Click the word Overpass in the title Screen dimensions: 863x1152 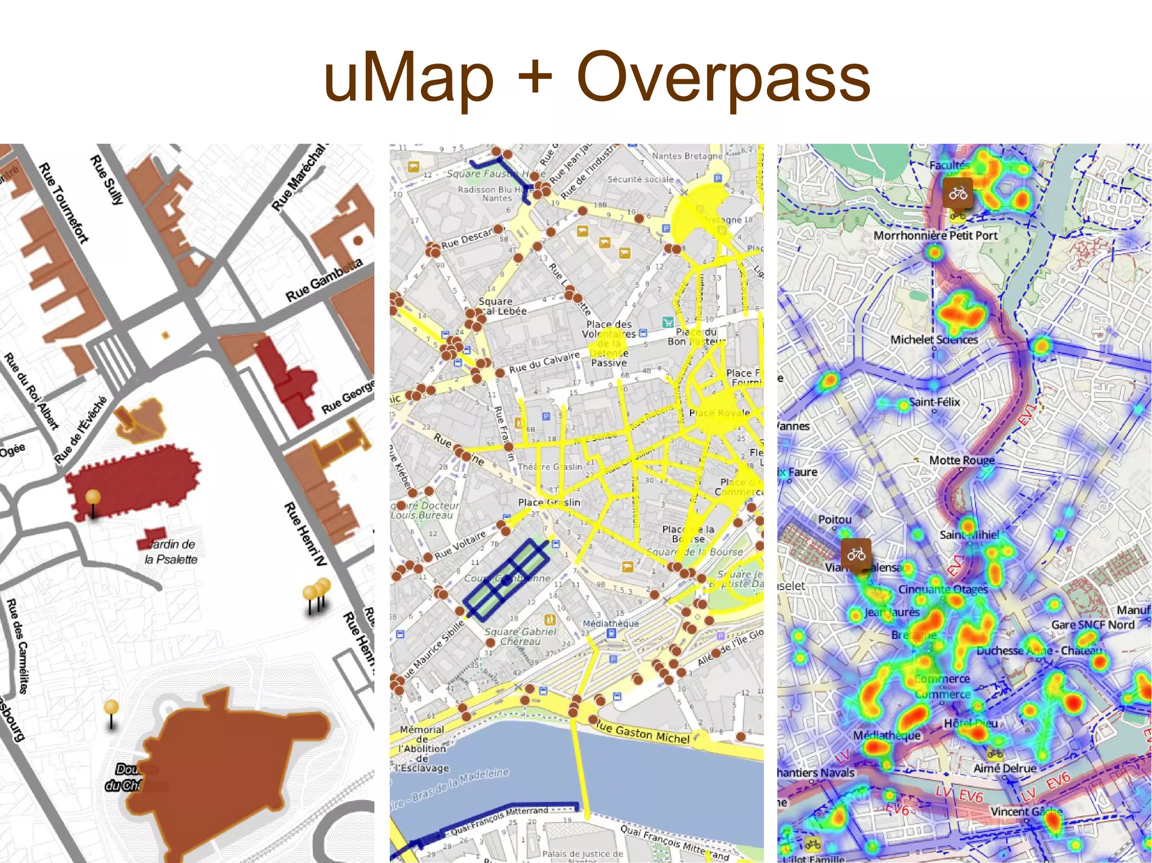point(723,78)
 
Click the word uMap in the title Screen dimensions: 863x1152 point(408,78)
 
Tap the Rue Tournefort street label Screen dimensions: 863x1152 point(64,203)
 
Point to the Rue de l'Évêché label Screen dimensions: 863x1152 point(80,430)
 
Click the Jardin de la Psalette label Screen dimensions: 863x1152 point(171,552)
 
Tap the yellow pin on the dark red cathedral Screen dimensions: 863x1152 point(93,498)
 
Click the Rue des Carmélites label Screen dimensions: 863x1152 point(17,646)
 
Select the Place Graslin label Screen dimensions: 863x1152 point(548,502)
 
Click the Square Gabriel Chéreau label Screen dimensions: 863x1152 point(520,636)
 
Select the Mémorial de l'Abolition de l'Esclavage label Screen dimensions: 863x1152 point(423,749)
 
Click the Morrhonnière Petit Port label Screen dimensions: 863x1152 point(935,236)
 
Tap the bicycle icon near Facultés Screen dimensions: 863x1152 point(958,195)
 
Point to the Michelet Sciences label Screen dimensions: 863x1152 point(934,340)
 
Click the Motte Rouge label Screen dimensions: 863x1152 point(961,460)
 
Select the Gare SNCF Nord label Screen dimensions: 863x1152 point(1092,625)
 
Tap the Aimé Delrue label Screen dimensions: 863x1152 point(1005,768)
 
